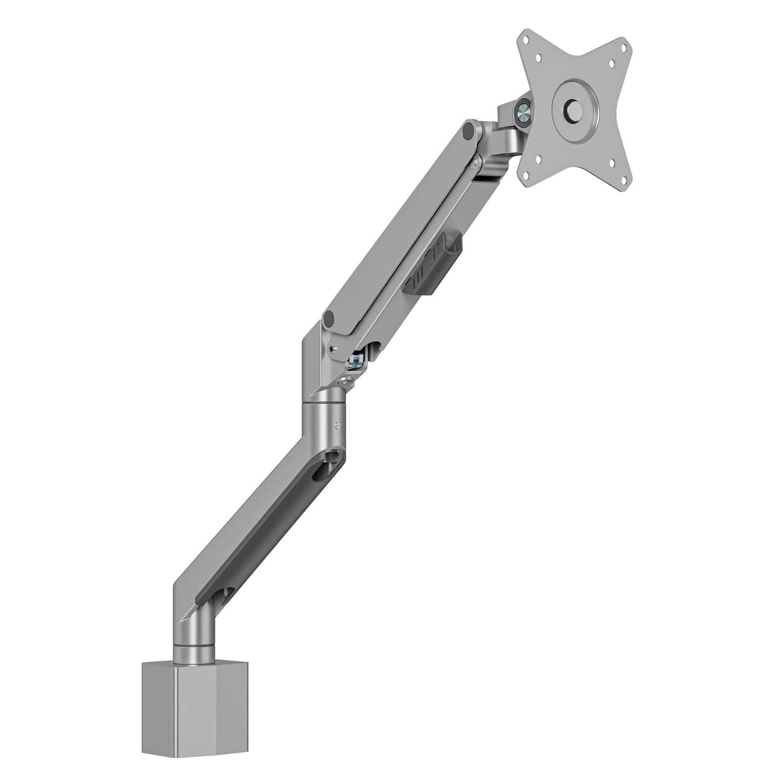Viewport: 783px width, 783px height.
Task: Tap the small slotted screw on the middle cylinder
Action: [x=339, y=426]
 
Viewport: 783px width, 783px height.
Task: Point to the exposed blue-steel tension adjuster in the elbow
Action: [x=359, y=360]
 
